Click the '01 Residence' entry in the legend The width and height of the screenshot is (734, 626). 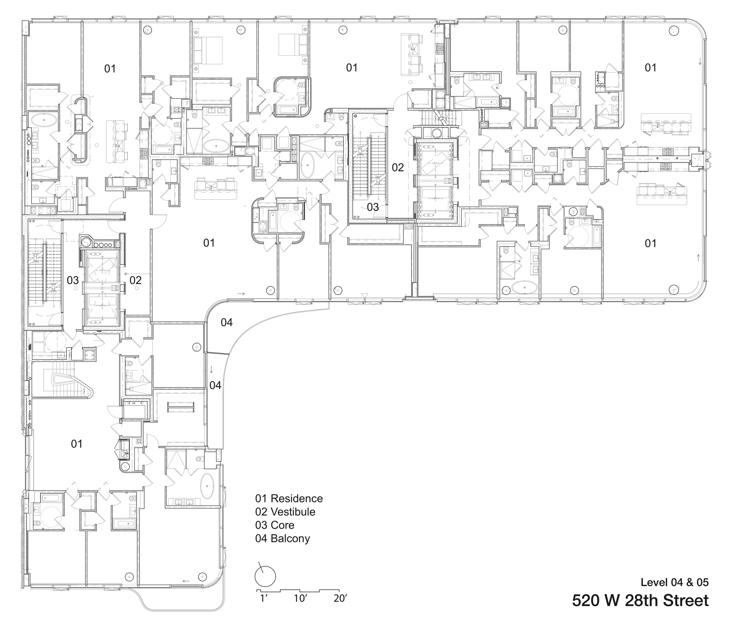click(x=289, y=498)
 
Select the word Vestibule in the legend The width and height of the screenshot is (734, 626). click(x=293, y=512)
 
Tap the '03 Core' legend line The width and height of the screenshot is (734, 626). click(x=275, y=525)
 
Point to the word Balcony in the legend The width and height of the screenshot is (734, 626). click(x=290, y=538)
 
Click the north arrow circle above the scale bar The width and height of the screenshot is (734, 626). click(x=265, y=576)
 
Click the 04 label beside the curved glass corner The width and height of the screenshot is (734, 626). click(x=226, y=322)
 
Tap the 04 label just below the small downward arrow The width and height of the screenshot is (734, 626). click(x=215, y=385)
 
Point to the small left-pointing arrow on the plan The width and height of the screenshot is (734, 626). click(x=186, y=581)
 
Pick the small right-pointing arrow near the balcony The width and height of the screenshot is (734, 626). click(x=241, y=294)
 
